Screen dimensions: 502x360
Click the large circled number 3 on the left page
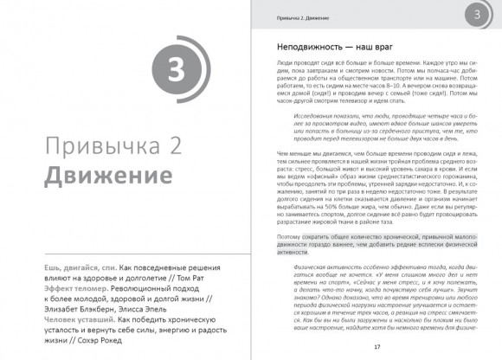point(174,72)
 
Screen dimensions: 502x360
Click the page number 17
point(376,346)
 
